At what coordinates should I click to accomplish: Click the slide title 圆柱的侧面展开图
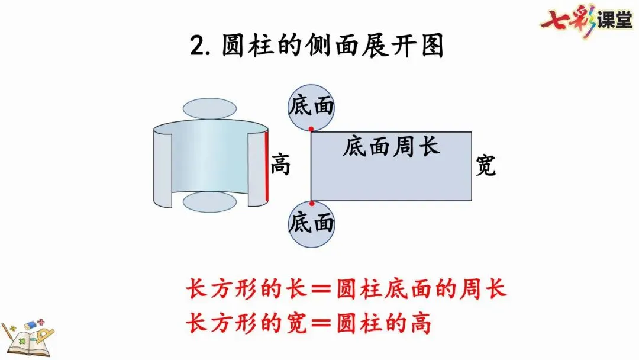[333, 46]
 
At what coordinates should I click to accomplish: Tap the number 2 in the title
[197, 46]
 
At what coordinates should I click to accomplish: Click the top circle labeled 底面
[311, 107]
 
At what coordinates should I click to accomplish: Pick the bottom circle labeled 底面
[311, 224]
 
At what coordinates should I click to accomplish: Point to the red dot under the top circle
[311, 128]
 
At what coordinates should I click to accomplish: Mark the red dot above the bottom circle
[312, 203]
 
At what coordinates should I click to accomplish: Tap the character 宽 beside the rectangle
[486, 167]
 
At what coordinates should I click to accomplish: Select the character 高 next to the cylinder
[281, 165]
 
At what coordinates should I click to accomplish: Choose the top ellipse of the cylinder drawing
[209, 108]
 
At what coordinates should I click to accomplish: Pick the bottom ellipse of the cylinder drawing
[209, 202]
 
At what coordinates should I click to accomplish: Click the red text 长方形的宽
[247, 324]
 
